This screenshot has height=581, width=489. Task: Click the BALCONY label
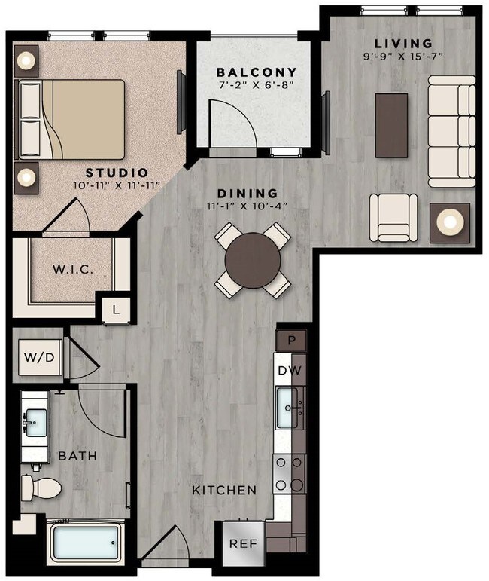point(257,72)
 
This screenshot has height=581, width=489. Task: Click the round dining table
point(253,260)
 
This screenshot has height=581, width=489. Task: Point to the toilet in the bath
point(42,488)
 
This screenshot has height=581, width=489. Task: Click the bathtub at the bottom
point(85,543)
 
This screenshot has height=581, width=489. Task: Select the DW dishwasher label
point(290,370)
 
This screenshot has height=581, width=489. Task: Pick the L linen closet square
point(115,309)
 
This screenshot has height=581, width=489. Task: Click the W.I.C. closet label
point(73,269)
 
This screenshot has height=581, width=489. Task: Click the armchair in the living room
point(393,217)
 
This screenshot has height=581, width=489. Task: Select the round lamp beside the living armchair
point(450,222)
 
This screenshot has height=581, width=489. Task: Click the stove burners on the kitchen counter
point(289,474)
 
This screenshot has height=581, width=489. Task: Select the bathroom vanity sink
point(35,420)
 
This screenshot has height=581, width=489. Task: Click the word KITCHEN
point(224,491)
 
